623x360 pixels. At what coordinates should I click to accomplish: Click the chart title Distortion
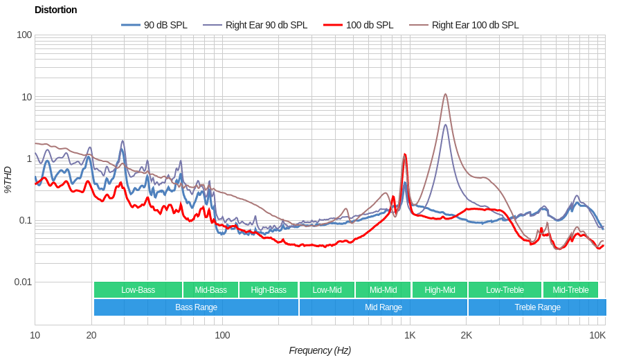(55, 10)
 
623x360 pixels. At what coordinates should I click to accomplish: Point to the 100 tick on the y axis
(24, 35)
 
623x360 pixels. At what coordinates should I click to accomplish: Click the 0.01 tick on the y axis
(23, 282)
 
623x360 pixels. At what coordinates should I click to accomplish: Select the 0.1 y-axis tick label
(24, 220)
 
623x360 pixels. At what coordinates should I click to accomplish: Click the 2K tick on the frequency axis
(467, 335)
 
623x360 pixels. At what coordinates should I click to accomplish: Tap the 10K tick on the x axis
(597, 335)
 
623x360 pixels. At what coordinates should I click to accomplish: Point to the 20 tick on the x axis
(91, 335)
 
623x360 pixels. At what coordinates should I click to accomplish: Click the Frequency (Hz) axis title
(320, 350)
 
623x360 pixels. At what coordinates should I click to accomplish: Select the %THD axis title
(8, 179)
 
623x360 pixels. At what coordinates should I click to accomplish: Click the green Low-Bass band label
(138, 290)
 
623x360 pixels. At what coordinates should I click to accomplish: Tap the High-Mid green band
(440, 290)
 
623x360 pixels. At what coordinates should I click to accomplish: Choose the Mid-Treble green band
(570, 290)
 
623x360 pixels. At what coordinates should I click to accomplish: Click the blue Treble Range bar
(537, 307)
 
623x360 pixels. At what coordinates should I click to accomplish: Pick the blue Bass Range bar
(196, 307)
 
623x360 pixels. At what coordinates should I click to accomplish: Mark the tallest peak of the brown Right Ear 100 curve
(445, 94)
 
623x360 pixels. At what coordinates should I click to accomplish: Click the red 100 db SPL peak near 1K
(405, 154)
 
